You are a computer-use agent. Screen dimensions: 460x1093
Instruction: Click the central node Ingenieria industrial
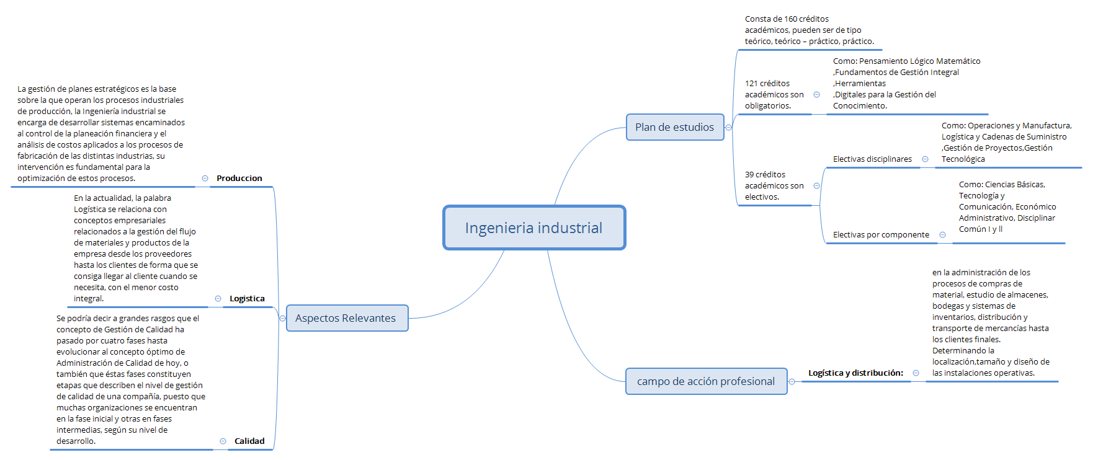pos(533,228)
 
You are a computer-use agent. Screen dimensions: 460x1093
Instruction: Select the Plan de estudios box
pos(674,127)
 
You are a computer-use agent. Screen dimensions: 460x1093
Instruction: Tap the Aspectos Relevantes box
pos(346,318)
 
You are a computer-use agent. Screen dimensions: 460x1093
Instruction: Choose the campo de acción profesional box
pos(705,381)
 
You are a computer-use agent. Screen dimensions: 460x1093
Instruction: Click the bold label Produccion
pos(239,179)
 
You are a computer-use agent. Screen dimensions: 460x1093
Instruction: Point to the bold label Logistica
pos(247,299)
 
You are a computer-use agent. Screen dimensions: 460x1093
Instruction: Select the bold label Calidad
pos(249,441)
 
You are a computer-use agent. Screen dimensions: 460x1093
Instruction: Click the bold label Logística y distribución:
pos(855,373)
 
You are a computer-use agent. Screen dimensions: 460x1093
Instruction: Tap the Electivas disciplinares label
pos(872,159)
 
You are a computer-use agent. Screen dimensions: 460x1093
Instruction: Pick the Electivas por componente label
pos(881,235)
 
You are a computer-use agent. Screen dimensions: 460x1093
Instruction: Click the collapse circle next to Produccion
pos(205,179)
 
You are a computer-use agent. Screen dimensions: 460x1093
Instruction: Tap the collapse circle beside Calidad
pos(223,441)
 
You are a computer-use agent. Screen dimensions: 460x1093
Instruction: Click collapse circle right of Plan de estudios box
pos(729,128)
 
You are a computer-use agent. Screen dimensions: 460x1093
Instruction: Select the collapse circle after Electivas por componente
pos(942,235)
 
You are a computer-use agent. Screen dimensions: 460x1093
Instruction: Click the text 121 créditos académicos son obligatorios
pos(774,95)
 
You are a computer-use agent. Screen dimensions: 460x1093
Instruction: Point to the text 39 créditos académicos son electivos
pos(774,186)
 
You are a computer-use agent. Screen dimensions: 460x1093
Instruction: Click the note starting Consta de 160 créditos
pos(810,30)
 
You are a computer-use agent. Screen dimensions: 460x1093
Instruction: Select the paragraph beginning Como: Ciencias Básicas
pos(1007,207)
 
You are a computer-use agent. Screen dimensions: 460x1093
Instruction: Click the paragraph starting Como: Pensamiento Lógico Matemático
pos(906,84)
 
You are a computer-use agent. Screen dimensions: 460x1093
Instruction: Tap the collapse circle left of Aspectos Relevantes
pos(283,319)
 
